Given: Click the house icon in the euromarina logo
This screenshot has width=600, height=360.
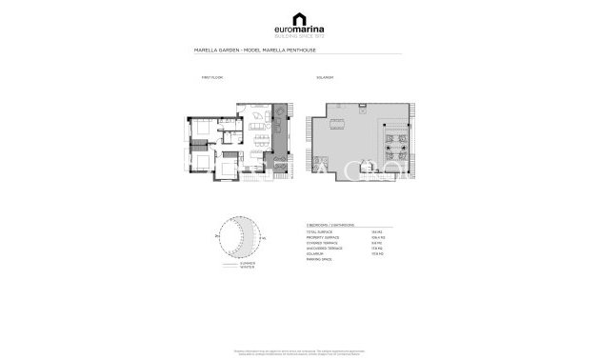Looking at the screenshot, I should coord(300,18).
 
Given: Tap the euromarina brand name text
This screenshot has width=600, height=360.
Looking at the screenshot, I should coord(300,30).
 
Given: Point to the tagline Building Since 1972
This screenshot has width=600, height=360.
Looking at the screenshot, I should coord(300,37).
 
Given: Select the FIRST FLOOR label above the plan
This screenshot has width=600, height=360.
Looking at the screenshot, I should coord(211,75).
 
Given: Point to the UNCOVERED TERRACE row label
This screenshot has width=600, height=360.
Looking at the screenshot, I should coord(324,249).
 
